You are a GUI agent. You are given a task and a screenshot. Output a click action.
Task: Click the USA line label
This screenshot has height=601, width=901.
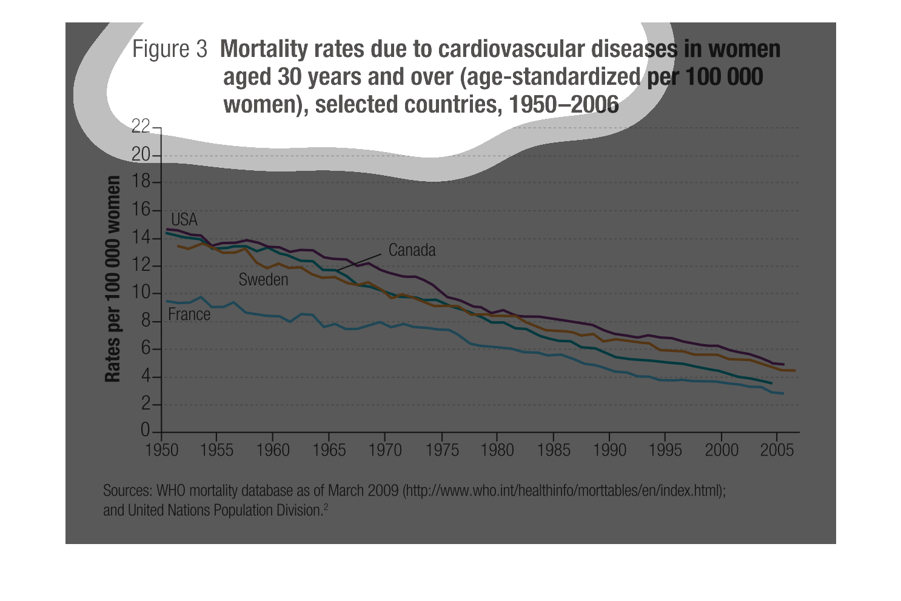pos(184,219)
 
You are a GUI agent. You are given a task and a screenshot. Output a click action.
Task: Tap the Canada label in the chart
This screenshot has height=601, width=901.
pos(412,250)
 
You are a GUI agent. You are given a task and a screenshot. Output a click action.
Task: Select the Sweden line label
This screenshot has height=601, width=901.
pos(263,279)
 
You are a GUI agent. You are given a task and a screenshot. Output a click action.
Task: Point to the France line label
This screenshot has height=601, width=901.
pos(189,314)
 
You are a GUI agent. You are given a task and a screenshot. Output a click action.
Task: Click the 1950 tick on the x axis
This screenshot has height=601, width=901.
pos(162,450)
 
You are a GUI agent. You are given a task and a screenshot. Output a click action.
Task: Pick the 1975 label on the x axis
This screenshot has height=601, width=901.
pos(442,450)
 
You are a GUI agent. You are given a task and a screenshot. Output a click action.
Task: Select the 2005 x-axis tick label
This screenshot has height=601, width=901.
pos(777,450)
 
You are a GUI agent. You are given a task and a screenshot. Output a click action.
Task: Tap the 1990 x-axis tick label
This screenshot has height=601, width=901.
pos(609,450)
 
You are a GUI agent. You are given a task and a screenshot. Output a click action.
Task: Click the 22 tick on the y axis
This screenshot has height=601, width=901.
pos(141,126)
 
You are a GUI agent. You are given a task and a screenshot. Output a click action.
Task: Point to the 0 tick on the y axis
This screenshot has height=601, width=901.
pos(145,430)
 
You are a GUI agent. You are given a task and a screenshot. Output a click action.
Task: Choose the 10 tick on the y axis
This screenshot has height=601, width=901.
pos(141,293)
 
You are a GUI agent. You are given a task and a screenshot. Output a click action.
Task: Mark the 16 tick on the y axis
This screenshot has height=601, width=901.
pos(141,210)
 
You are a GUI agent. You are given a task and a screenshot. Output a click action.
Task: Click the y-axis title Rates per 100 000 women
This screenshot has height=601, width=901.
pos(113,279)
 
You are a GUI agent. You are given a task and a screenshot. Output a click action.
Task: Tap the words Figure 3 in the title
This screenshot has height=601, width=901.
pos(170,49)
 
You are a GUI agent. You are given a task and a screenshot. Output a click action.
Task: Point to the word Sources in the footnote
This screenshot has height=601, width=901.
pos(127,490)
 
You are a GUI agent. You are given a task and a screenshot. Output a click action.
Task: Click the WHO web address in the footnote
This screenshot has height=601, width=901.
pos(563,490)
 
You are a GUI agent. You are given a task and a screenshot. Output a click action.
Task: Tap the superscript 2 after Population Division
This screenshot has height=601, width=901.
pos(326,507)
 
